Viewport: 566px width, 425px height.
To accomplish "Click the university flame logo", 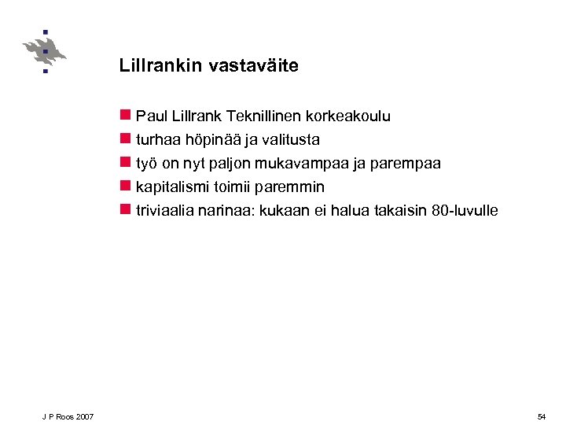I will coord(45,51).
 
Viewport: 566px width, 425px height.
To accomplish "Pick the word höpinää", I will coord(205,140).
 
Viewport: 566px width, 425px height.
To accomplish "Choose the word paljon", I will coord(230,164).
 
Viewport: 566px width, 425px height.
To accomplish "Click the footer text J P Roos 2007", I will coord(68,416).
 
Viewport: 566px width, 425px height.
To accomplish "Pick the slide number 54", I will coord(542,416).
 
